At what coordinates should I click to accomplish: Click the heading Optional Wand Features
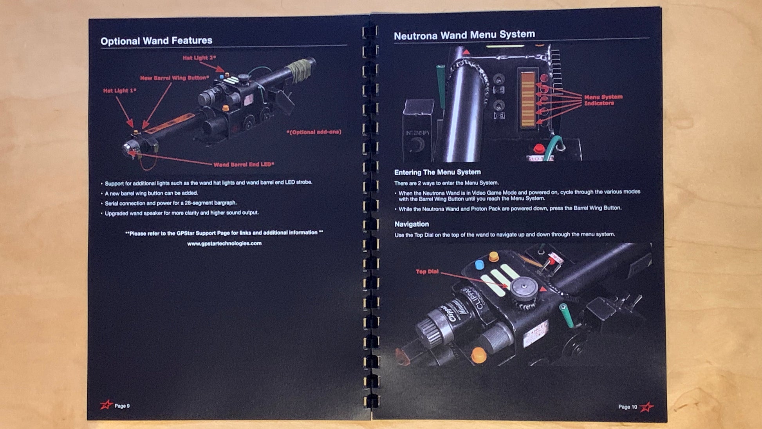tap(156, 41)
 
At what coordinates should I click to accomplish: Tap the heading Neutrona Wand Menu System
tap(464, 35)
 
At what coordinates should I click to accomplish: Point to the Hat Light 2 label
tap(199, 58)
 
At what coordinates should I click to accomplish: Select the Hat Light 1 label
tap(119, 91)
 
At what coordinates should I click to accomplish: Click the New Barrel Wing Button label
tap(174, 78)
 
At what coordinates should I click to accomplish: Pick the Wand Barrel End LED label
tap(243, 165)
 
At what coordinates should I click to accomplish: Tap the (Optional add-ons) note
tap(314, 132)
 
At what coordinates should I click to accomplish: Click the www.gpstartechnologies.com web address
tap(224, 243)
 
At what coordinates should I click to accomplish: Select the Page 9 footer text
tap(122, 406)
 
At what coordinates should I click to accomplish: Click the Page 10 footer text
tap(627, 407)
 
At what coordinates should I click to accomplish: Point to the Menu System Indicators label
tap(603, 100)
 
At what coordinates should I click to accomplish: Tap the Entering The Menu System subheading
tap(437, 172)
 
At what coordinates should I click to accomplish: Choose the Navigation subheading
tap(411, 224)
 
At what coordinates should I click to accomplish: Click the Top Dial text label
tap(427, 272)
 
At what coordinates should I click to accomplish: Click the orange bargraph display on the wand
tap(527, 100)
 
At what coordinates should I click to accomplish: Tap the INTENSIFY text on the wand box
tap(417, 133)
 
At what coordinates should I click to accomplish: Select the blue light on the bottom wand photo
tap(479, 265)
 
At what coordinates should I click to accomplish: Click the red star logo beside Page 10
tap(647, 407)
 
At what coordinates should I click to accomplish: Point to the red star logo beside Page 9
tap(106, 405)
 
